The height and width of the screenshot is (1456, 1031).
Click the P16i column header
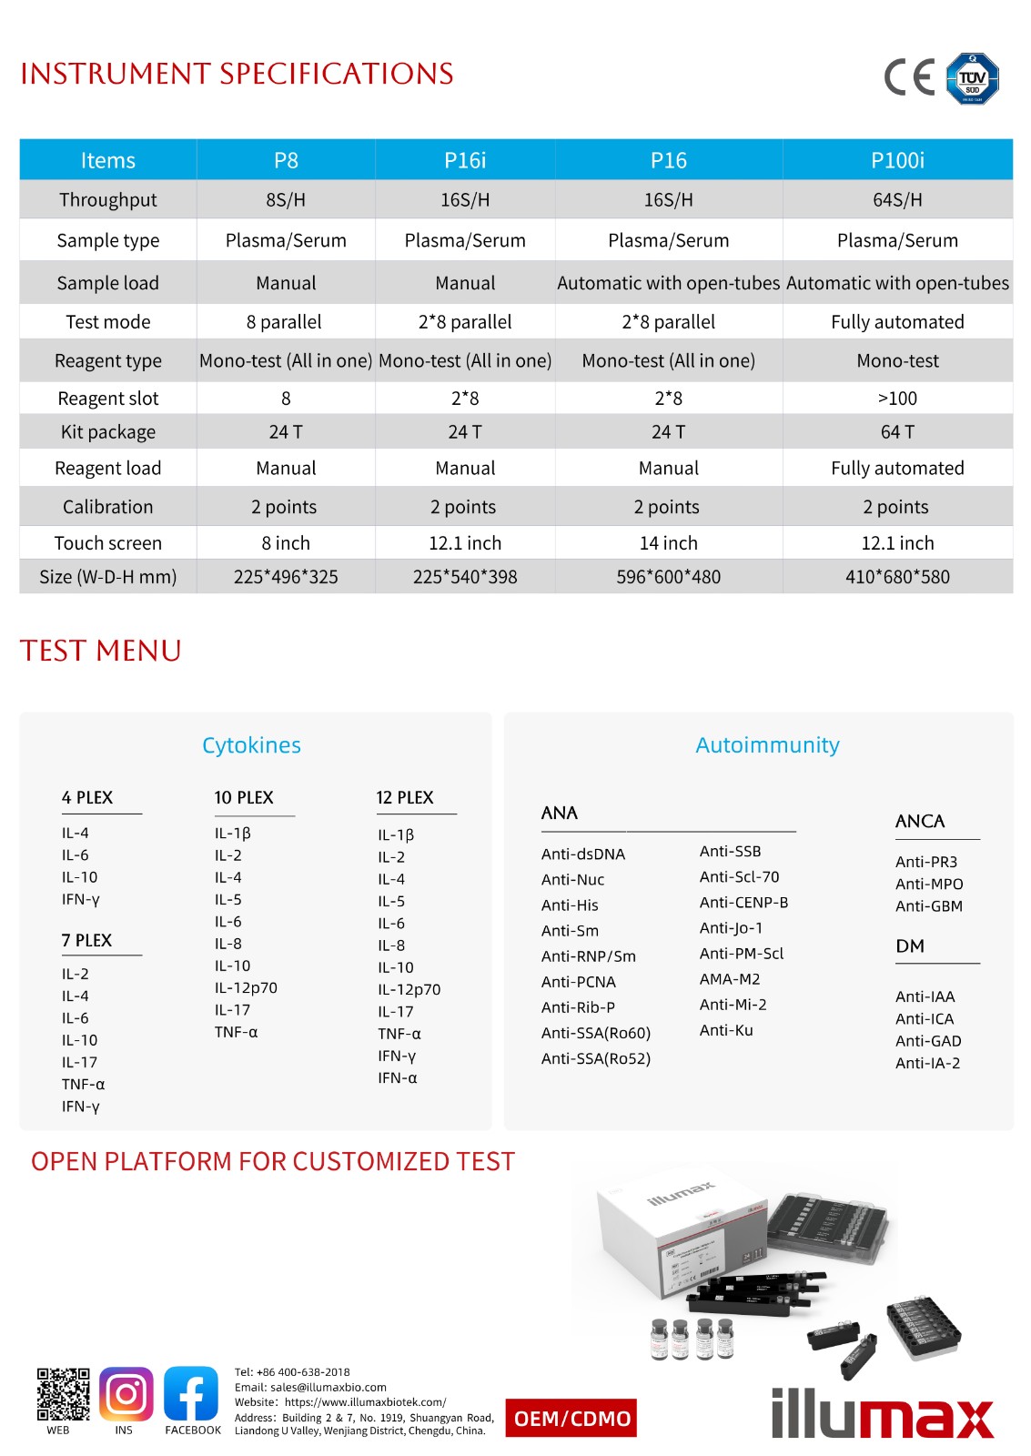point(465,160)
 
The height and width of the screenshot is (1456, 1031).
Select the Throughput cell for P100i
point(897,199)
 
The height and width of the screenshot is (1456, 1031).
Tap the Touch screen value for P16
point(668,543)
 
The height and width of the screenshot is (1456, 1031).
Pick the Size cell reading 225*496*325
point(286,577)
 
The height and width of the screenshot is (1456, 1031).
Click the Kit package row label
point(107,432)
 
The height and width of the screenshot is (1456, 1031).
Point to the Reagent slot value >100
point(897,399)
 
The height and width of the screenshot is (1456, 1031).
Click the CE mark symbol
point(909,77)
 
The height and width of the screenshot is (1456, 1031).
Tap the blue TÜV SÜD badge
point(973,78)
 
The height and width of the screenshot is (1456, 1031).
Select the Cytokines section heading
point(251,745)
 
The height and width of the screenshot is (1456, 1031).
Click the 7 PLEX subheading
point(86,941)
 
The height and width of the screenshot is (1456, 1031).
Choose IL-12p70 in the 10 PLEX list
point(246,988)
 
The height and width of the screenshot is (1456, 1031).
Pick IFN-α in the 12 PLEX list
point(398,1078)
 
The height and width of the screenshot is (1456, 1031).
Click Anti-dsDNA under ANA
point(583,854)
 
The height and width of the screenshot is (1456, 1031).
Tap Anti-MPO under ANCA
point(929,885)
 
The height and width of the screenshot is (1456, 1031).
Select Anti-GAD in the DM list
point(928,1041)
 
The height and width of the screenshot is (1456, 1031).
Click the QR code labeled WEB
point(63,1394)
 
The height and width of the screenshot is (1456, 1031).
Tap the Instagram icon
point(126,1394)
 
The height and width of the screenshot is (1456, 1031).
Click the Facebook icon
point(191,1394)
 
